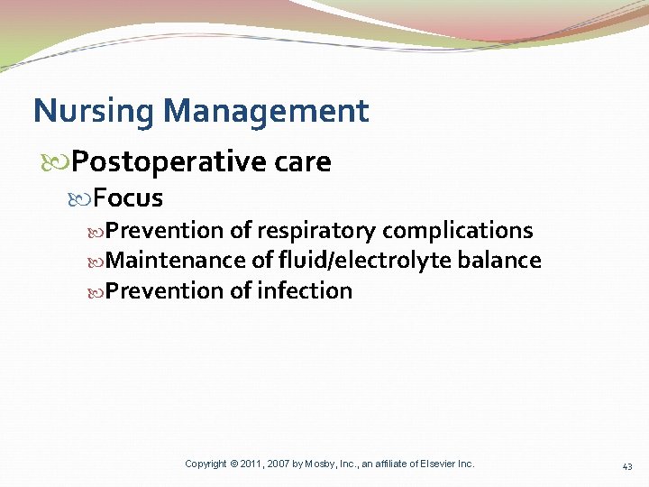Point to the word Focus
pyautogui.click(x=129, y=198)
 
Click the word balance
pyautogui.click(x=499, y=261)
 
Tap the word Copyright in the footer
pyautogui.click(x=206, y=464)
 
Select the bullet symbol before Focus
pyautogui.click(x=85, y=198)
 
